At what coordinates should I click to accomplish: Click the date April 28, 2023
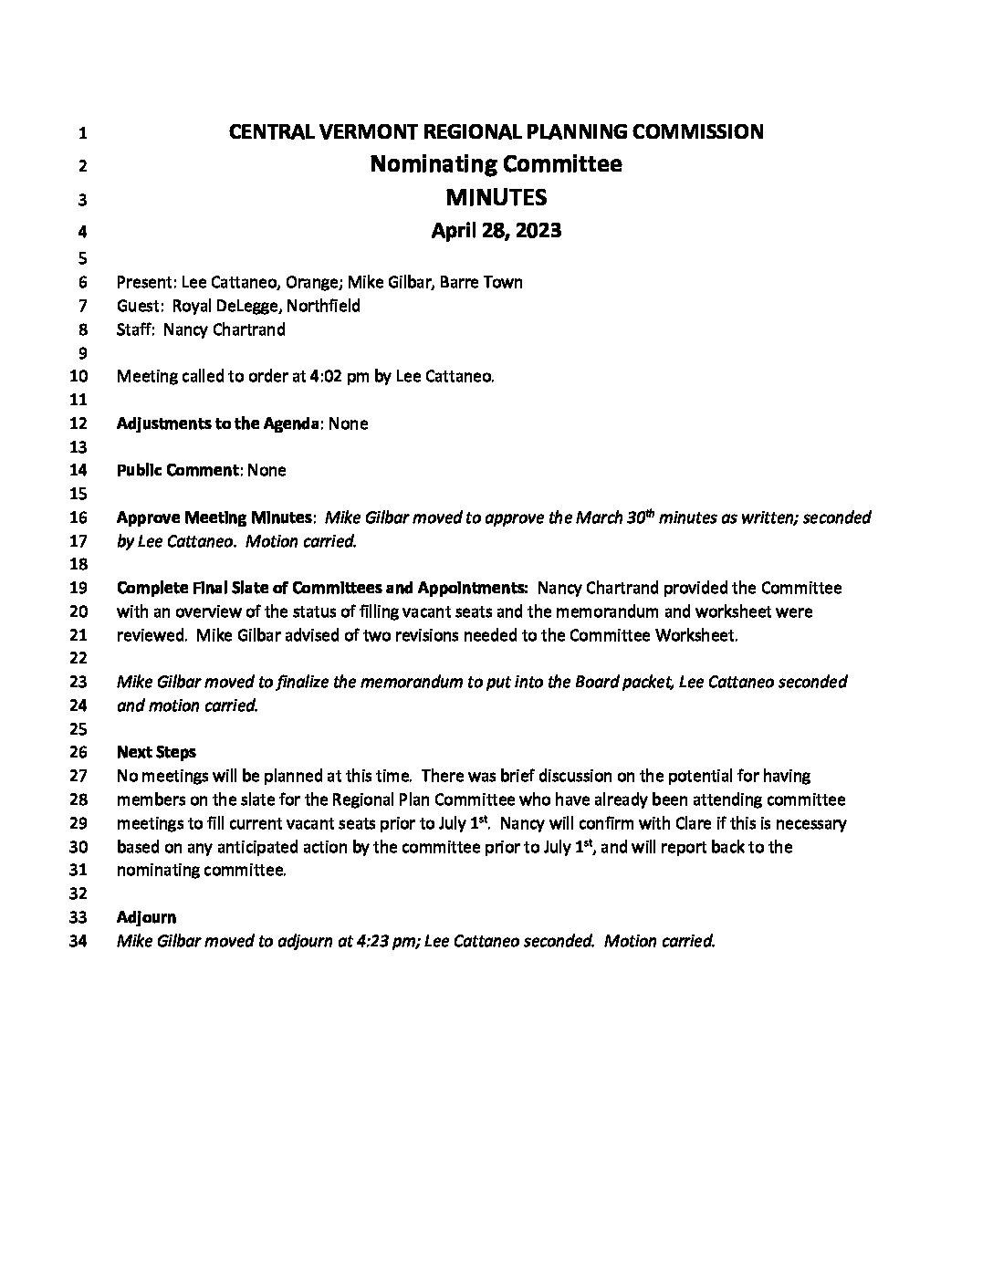496,231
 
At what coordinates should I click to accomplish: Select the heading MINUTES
496,197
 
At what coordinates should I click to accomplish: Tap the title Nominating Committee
496,164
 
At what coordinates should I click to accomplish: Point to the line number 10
78,376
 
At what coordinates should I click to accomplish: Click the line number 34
78,942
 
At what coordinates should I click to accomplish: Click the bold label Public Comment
177,471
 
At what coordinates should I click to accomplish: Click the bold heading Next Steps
156,753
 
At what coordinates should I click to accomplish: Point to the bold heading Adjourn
146,918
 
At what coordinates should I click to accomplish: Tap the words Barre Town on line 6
481,282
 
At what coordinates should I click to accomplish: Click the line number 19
78,589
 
